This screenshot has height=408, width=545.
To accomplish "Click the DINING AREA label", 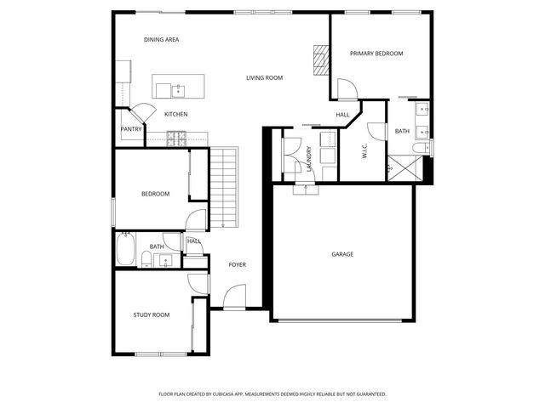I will (161, 40).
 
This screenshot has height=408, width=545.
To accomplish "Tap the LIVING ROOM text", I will (264, 78).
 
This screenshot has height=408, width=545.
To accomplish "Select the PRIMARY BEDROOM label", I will (376, 54).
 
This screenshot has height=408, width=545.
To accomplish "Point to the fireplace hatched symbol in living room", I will (320, 59).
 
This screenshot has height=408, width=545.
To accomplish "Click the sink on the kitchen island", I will (178, 88).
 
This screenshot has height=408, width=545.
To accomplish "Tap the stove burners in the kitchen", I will (176, 136).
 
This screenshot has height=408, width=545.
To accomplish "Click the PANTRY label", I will (131, 129).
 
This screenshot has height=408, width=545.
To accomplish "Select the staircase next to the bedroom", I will (222, 189).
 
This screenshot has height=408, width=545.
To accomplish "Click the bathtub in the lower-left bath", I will (126, 250).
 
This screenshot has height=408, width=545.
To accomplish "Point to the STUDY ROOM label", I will (151, 314).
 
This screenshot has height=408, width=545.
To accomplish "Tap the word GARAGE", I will (342, 254).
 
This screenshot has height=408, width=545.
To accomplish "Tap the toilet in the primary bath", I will (420, 149).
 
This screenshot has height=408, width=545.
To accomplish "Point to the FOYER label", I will (237, 264).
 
